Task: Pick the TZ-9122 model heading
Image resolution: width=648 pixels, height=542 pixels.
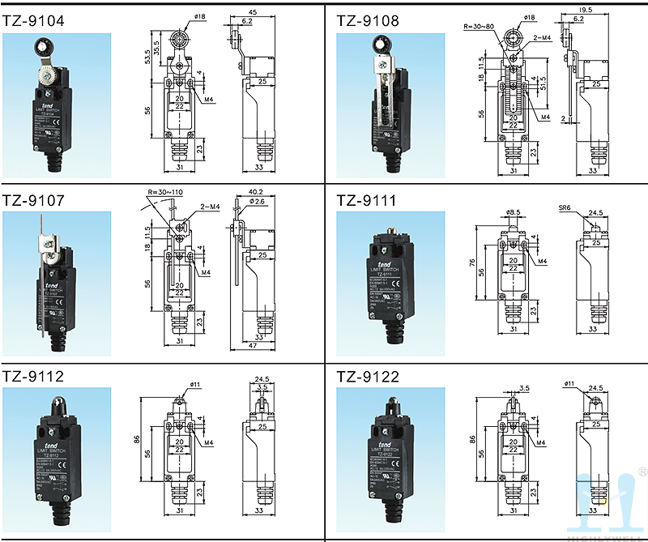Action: (x=368, y=376)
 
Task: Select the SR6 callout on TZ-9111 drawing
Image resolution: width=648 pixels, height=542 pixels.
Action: (x=565, y=208)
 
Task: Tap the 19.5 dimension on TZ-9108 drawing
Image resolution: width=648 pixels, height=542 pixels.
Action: (x=587, y=10)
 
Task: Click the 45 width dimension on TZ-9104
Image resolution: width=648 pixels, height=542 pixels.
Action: (x=252, y=11)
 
